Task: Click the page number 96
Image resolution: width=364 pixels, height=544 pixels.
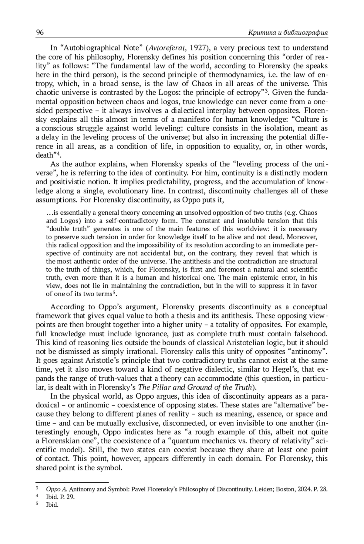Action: tap(40, 32)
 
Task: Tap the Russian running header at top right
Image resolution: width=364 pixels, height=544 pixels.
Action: tap(288, 33)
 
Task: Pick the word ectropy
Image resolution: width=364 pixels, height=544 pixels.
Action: tap(250, 93)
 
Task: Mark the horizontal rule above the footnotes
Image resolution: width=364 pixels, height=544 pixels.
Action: tap(72, 482)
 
